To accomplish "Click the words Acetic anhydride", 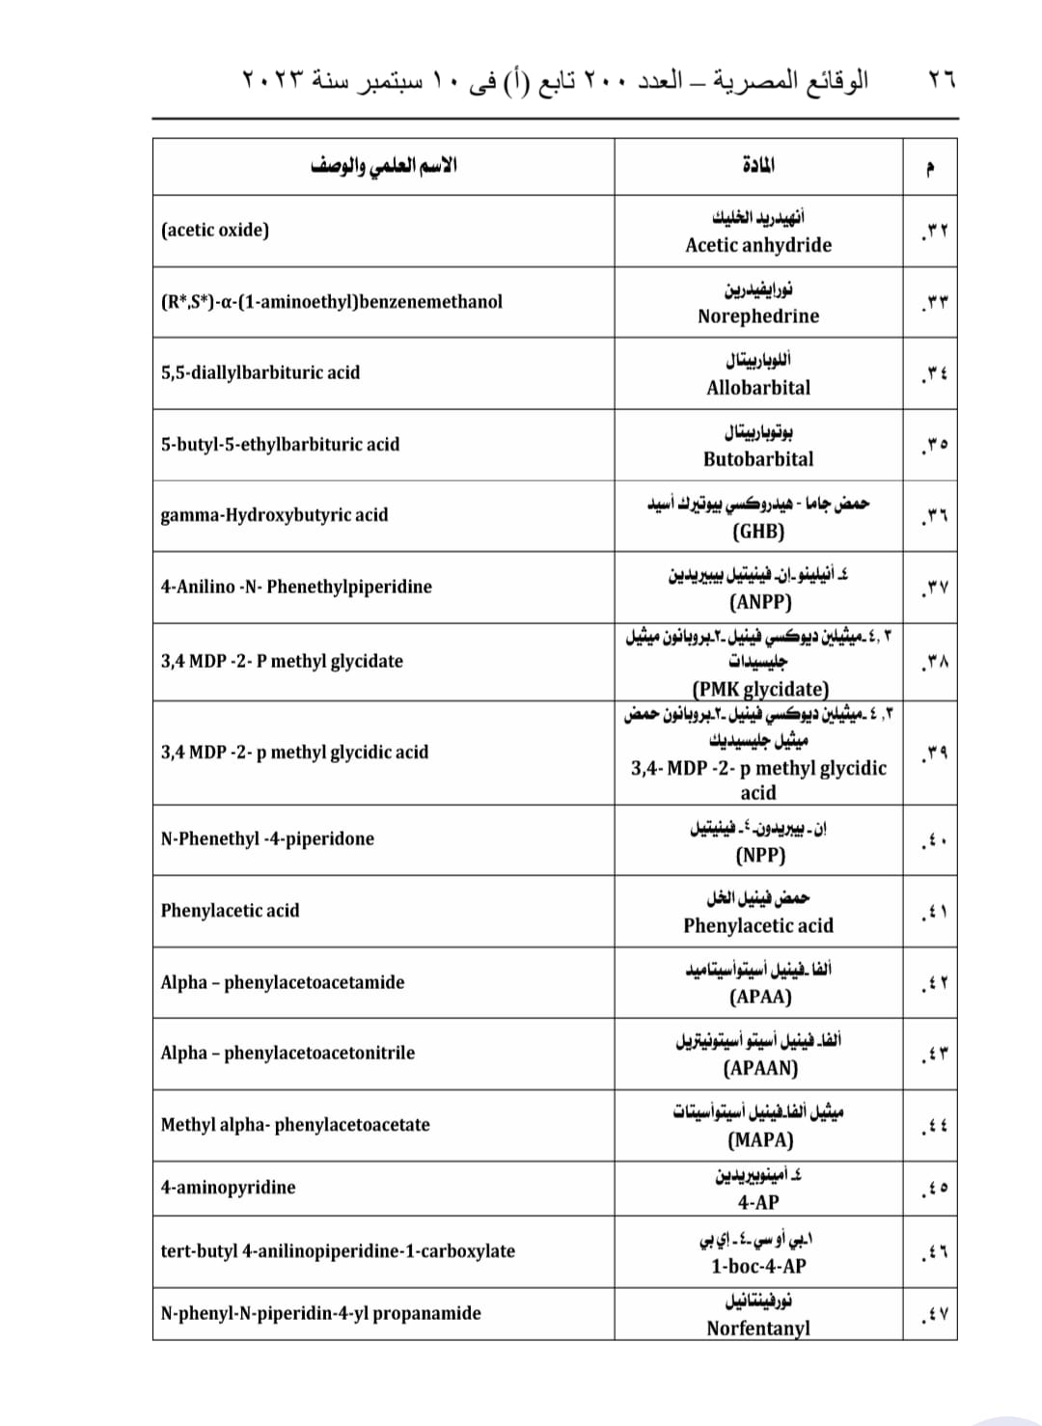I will click(x=758, y=245).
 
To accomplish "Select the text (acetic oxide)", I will click(x=215, y=230).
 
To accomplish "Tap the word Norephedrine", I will click(x=758, y=316).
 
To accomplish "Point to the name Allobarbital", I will click(x=758, y=388).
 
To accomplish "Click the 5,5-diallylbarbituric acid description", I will click(x=260, y=372).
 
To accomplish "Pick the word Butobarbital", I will click(x=758, y=459).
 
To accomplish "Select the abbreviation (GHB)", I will click(x=758, y=532).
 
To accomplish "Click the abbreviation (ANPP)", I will click(x=760, y=602).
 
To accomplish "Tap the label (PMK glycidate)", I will click(x=760, y=689).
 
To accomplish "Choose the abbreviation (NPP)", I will click(x=760, y=855).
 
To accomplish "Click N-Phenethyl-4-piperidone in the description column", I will click(x=267, y=838).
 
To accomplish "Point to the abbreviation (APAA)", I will click(x=760, y=997).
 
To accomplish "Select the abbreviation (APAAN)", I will click(x=760, y=1068).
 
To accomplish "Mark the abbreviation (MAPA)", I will click(x=760, y=1139).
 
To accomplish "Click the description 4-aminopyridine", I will click(x=229, y=1187).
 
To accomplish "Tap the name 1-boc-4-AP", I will click(x=758, y=1266).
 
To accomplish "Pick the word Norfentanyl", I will click(x=758, y=1329).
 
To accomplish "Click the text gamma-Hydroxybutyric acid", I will click(x=274, y=515).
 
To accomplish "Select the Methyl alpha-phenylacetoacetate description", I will click(x=295, y=1124).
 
